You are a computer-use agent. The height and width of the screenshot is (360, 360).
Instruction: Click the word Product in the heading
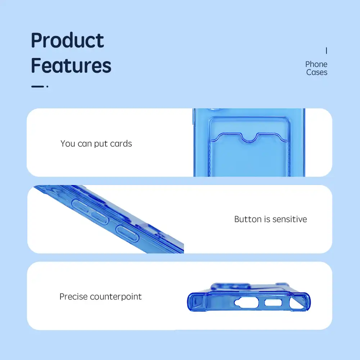[68, 40]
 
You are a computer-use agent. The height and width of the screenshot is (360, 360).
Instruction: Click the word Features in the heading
[71, 66]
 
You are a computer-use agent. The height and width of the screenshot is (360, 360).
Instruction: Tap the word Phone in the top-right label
[316, 64]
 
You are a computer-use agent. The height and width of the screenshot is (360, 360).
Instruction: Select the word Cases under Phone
[317, 72]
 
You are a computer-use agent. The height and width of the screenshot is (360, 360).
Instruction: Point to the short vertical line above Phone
[326, 51]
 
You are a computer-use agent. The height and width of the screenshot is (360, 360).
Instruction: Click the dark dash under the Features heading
[37, 86]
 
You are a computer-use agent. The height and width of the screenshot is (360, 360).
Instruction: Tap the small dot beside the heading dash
[47, 86]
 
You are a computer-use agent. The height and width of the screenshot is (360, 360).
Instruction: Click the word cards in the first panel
[121, 144]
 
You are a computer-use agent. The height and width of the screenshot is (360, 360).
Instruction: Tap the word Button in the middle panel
[248, 219]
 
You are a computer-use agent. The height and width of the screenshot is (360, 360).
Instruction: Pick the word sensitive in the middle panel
[290, 219]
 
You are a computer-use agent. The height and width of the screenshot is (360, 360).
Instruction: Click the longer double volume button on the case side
[90, 212]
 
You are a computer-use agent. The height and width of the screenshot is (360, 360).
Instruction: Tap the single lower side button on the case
[127, 234]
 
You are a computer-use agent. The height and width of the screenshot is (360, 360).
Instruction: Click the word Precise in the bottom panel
[73, 297]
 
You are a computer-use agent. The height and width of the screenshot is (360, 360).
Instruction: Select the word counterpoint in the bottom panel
[116, 297]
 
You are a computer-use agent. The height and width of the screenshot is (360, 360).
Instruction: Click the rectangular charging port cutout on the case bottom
[273, 303]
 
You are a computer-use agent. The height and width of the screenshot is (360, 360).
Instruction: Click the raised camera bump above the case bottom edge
[230, 287]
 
